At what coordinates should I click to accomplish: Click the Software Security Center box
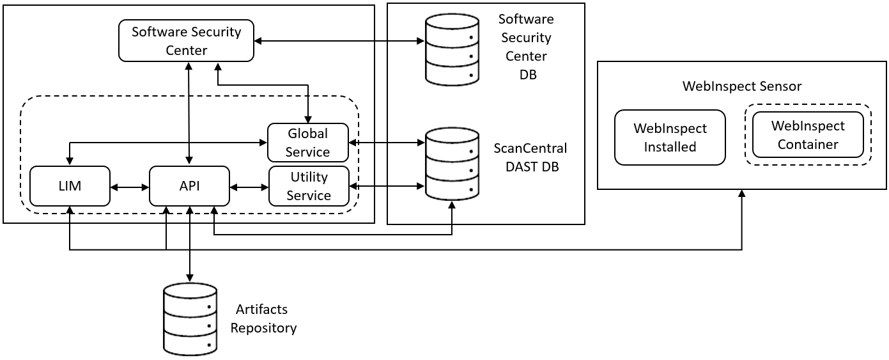[x=186, y=40]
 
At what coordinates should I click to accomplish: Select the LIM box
[x=70, y=186]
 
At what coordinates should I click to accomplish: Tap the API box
[x=189, y=186]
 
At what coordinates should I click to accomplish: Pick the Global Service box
[x=308, y=143]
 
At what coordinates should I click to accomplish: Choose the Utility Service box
[x=309, y=186]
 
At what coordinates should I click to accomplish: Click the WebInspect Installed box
[x=670, y=137]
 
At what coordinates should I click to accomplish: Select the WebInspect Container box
[x=808, y=135]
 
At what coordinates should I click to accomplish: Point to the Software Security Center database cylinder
[x=452, y=49]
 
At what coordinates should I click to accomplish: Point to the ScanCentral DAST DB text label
[x=530, y=157]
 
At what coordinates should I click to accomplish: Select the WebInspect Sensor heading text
[x=741, y=86]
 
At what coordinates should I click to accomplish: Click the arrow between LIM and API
[x=130, y=187]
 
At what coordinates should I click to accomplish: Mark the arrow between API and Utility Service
[x=249, y=187]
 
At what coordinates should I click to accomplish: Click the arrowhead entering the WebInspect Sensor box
[x=741, y=194]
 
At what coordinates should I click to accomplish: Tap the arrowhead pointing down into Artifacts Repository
[x=189, y=278]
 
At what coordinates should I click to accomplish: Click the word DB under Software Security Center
[x=528, y=75]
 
